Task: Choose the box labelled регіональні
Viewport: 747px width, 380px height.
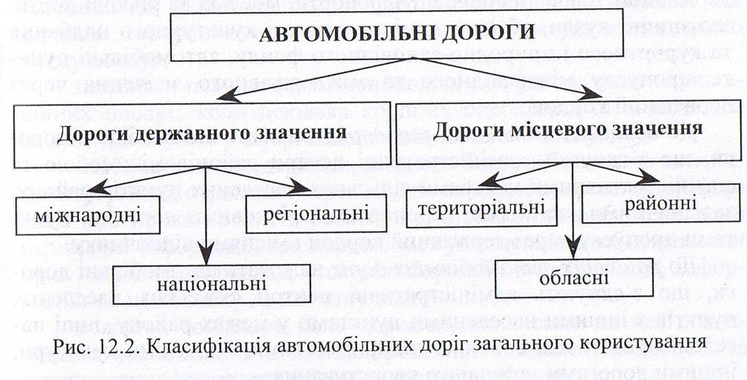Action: pos(315,213)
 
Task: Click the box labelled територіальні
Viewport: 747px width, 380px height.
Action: pos(482,208)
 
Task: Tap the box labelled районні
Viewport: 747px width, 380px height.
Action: pos(661,203)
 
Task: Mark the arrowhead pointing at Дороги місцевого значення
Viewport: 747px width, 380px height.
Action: pos(594,95)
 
